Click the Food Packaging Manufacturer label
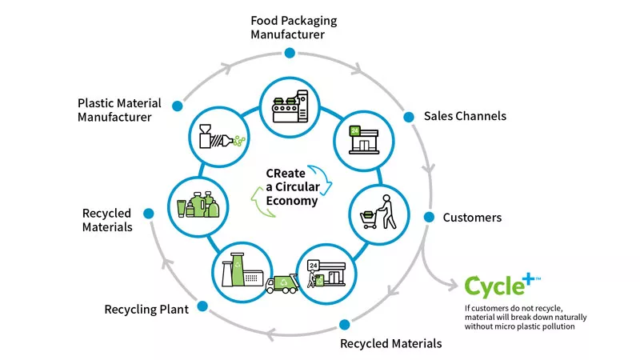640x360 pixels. [x=294, y=27]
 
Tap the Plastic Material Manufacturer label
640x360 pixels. [x=119, y=110]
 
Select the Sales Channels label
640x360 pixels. [x=465, y=116]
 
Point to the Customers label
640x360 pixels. [x=472, y=218]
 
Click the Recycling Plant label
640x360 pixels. [x=146, y=308]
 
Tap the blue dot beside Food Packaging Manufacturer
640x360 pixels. [x=290, y=53]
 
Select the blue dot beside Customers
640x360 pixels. [x=428, y=217]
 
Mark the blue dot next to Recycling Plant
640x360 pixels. [x=202, y=305]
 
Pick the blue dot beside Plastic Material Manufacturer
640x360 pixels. [x=177, y=106]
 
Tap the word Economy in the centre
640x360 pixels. [x=293, y=201]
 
